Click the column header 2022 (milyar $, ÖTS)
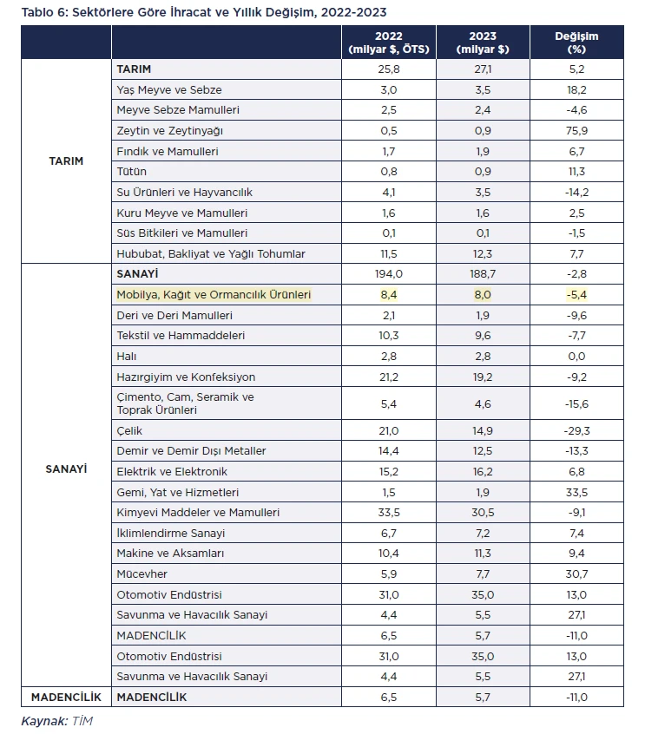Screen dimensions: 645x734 pyautogui.click(x=388, y=43)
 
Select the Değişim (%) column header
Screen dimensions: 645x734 pyautogui.click(x=576, y=43)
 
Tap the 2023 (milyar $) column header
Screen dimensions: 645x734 pyautogui.click(x=483, y=43)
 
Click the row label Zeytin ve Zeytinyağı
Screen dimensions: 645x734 pyautogui.click(x=169, y=131)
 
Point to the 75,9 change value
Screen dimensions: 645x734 pyautogui.click(x=576, y=131)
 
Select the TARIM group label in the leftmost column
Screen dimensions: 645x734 pyautogui.click(x=66, y=161)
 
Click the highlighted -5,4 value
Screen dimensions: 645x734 pyautogui.click(x=576, y=295)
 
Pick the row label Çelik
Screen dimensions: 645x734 pyautogui.click(x=129, y=430)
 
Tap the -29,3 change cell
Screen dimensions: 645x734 pyautogui.click(x=576, y=430)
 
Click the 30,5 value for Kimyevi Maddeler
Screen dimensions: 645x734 pyautogui.click(x=483, y=513)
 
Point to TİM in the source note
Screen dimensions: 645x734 pyautogui.click(x=82, y=721)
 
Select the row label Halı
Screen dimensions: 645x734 pyautogui.click(x=127, y=357)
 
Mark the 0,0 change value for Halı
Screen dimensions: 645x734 pyautogui.click(x=576, y=357)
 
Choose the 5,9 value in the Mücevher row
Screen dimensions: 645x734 pyautogui.click(x=388, y=573)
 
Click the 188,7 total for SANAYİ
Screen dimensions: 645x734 pyautogui.click(x=483, y=274)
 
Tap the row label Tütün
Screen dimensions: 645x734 pyautogui.click(x=132, y=171)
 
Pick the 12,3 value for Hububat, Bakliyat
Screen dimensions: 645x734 pyautogui.click(x=483, y=253)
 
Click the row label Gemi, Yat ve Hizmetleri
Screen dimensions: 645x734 pyautogui.click(x=178, y=493)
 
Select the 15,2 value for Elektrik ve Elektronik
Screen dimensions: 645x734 pyautogui.click(x=388, y=471)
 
